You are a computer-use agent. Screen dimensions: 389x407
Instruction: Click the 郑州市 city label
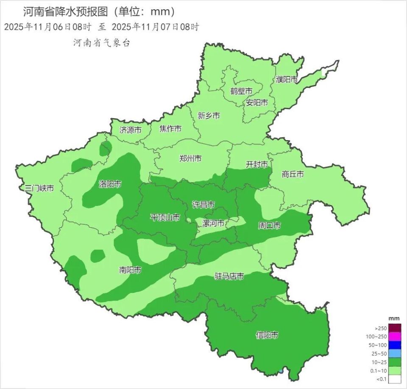pyautogui.click(x=190, y=158)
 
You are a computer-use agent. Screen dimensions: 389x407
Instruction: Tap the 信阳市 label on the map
pyautogui.click(x=267, y=335)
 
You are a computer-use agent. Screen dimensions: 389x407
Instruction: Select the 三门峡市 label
pyautogui.click(x=39, y=188)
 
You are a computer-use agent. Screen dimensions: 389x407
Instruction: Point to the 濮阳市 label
pyautogui.click(x=287, y=79)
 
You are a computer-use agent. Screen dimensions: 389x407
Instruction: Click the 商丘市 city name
pyautogui.click(x=293, y=174)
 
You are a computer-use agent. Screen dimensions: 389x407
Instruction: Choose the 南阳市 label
pyautogui.click(x=130, y=270)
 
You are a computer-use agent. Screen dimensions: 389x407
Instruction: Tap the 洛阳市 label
pyautogui.click(x=110, y=184)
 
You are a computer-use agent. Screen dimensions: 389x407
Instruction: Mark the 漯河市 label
pyautogui.click(x=213, y=223)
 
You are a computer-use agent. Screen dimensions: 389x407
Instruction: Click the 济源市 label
pyautogui.click(x=131, y=130)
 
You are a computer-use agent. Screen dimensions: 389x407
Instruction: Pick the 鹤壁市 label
pyautogui.click(x=241, y=91)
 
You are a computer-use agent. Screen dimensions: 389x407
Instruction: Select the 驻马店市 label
pyautogui.click(x=229, y=276)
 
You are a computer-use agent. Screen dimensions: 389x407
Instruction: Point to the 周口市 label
pyautogui.click(x=270, y=226)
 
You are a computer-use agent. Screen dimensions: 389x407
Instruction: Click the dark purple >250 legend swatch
pyautogui.click(x=395, y=328)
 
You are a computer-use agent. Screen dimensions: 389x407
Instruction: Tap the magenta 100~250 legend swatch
pyautogui.click(x=395, y=336)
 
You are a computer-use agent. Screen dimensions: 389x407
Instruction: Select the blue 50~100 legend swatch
pyautogui.click(x=395, y=345)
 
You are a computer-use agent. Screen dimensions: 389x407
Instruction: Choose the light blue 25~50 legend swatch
pyautogui.click(x=395, y=353)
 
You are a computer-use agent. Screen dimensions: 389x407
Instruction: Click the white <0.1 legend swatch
pyautogui.click(x=395, y=379)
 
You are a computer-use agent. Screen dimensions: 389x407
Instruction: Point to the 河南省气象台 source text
pyautogui.click(x=101, y=42)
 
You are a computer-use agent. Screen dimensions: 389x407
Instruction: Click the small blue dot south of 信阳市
pyautogui.click(x=281, y=372)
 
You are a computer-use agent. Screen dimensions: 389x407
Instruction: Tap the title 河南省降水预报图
pyautogui.click(x=68, y=11)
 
